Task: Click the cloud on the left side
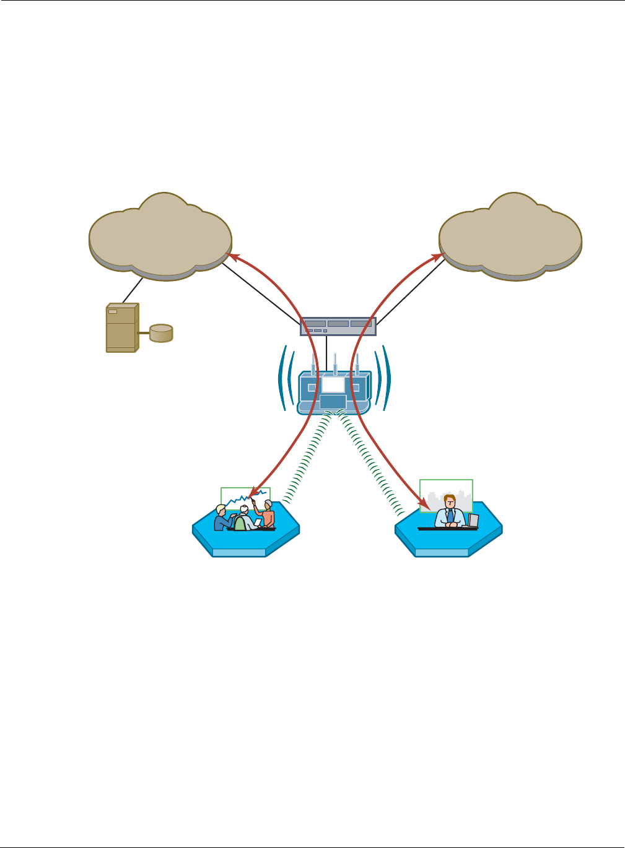tap(160, 238)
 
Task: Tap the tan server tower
tap(121, 327)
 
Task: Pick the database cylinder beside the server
tap(161, 332)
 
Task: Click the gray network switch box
tap(338, 326)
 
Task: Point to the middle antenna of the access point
tap(334, 364)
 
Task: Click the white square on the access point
tap(333, 385)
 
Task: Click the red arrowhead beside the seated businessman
tap(424, 507)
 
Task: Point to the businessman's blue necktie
tap(450, 515)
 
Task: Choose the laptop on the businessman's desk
tap(473, 521)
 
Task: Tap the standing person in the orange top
tap(268, 514)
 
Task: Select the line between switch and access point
tap(326, 353)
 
